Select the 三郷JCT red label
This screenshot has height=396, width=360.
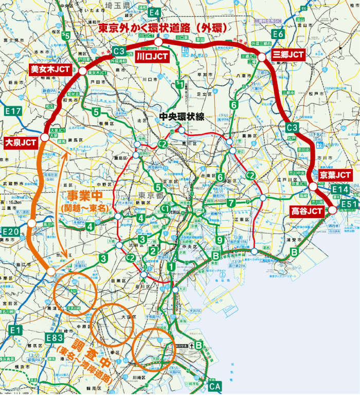pyautogui.click(x=287, y=55)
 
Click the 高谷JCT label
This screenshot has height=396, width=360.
pyautogui.click(x=307, y=211)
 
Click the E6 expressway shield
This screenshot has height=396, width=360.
pyautogui.click(x=278, y=34)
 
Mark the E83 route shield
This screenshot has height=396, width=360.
pyautogui.click(x=55, y=338)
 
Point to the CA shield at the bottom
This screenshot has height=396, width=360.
pyautogui.click(x=215, y=386)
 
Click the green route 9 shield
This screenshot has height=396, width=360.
pyautogui.click(x=220, y=239)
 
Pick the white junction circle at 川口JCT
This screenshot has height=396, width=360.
pyautogui.click(x=158, y=42)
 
